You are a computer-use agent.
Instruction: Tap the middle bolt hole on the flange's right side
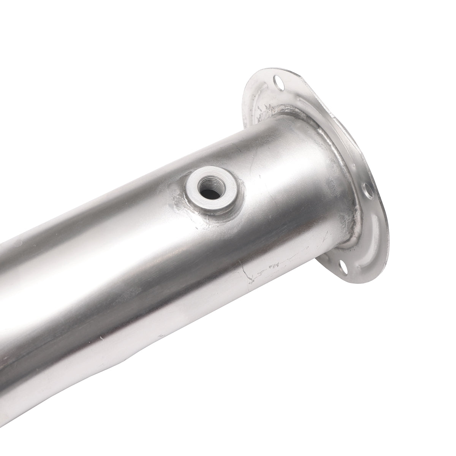pyautogui.click(x=366, y=189)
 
